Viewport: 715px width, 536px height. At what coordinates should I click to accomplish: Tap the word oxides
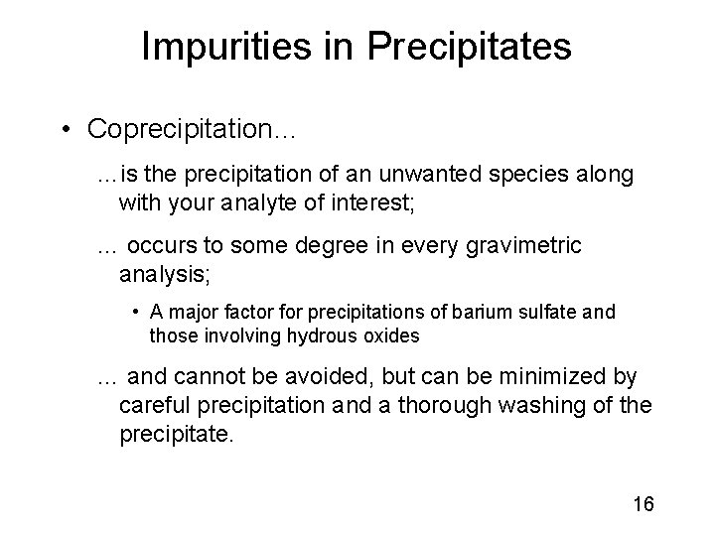click(x=390, y=336)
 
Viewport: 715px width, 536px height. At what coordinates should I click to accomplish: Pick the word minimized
click(x=563, y=378)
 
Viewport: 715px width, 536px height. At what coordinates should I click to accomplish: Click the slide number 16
click(x=642, y=503)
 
